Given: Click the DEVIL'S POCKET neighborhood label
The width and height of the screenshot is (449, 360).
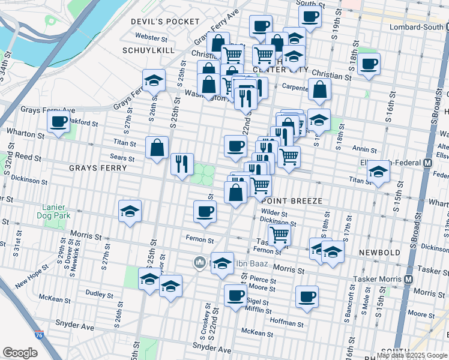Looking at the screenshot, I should point(165,22).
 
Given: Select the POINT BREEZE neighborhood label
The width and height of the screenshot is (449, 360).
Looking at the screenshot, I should point(292,200).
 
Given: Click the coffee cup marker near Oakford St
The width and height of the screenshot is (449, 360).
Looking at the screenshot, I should point(59,122).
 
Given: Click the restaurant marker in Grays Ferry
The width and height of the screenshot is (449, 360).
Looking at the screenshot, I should point(181,163).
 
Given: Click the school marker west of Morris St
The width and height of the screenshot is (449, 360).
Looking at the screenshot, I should point(130,211).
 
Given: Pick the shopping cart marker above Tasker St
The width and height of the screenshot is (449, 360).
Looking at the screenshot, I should point(279,234).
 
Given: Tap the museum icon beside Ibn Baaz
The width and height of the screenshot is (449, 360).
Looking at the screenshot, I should point(199,262).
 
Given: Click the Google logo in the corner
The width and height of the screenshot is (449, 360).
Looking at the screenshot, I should point(20,353).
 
